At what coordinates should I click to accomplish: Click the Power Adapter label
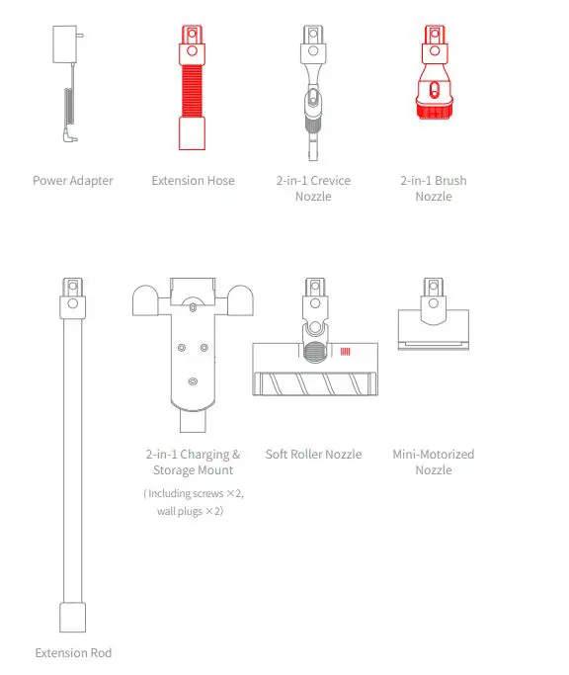pyautogui.click(x=72, y=181)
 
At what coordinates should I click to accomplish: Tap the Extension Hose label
pyautogui.click(x=193, y=181)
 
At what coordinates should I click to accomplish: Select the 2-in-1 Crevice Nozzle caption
pyautogui.click(x=313, y=189)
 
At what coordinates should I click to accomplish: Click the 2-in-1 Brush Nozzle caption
pyautogui.click(x=433, y=189)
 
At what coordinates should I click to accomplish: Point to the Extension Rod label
pyautogui.click(x=73, y=653)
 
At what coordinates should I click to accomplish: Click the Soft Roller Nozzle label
pyautogui.click(x=313, y=455)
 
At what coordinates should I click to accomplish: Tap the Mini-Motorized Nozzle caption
pyautogui.click(x=433, y=463)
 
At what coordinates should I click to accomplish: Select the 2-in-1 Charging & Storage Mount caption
pyautogui.click(x=193, y=463)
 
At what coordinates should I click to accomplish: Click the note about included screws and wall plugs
pyautogui.click(x=193, y=502)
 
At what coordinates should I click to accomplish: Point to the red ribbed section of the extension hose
pyautogui.click(x=193, y=90)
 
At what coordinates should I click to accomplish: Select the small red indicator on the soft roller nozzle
pyautogui.click(x=346, y=352)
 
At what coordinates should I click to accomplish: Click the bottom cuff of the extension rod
pyautogui.click(x=73, y=618)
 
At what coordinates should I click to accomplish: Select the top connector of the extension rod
pyautogui.click(x=73, y=289)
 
